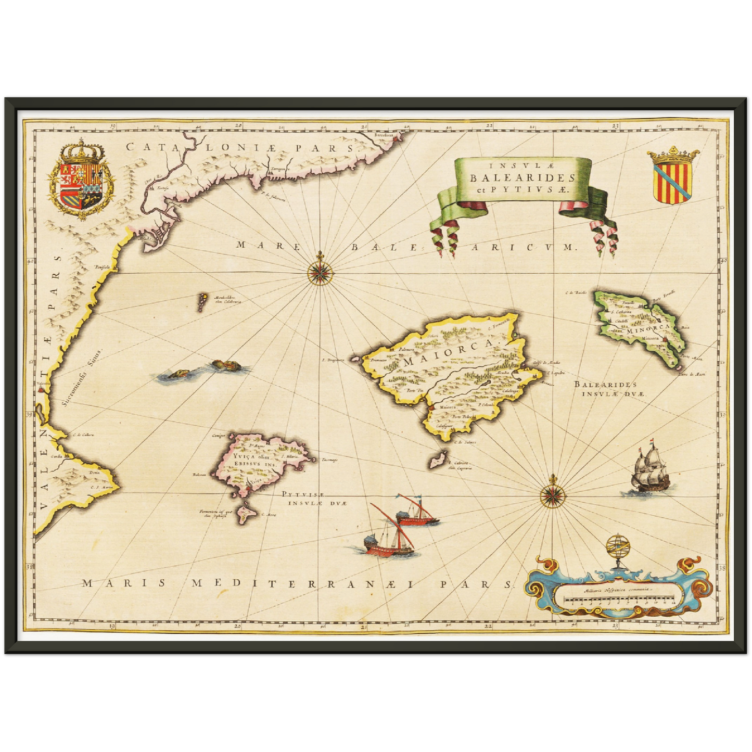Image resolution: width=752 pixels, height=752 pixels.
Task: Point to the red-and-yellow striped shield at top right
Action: [x=673, y=176]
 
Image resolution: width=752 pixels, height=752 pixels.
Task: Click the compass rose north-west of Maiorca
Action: [x=316, y=271]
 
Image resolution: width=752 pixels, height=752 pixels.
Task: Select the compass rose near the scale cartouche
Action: [x=551, y=492]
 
